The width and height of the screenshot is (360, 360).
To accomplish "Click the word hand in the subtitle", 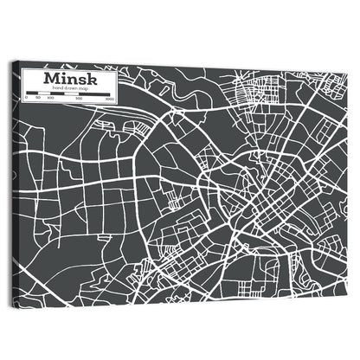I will [x=56, y=88].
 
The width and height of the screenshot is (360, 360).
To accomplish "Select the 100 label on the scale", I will [x=50, y=99].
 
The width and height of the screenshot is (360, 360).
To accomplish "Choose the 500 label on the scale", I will [x=79, y=99].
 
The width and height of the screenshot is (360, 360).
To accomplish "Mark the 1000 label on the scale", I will [x=110, y=99].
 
